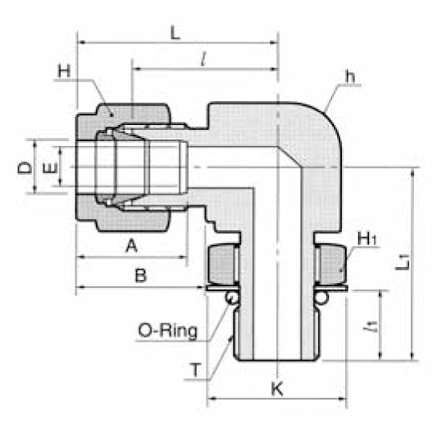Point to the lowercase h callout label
pyautogui.click(x=349, y=76)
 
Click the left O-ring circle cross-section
pyautogui.click(x=231, y=298)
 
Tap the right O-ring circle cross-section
pyautogui.click(x=322, y=298)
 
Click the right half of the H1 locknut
pyautogui.click(x=331, y=264)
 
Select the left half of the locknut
pyautogui.click(x=222, y=264)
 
